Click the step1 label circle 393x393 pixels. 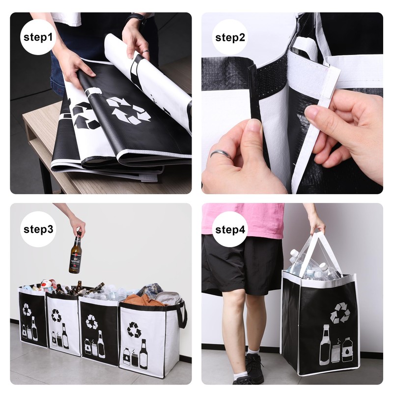(x=38, y=37)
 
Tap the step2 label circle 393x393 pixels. (x=230, y=37)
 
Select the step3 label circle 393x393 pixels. (x=38, y=229)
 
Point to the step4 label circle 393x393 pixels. (x=230, y=229)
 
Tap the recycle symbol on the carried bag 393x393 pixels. (x=340, y=312)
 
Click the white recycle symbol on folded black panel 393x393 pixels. (x=128, y=110)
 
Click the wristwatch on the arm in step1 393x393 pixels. (x=136, y=19)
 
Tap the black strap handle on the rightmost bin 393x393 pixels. (x=183, y=314)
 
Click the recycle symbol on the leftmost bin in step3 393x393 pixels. (x=27, y=309)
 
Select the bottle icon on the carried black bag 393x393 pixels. (x=325, y=346)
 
